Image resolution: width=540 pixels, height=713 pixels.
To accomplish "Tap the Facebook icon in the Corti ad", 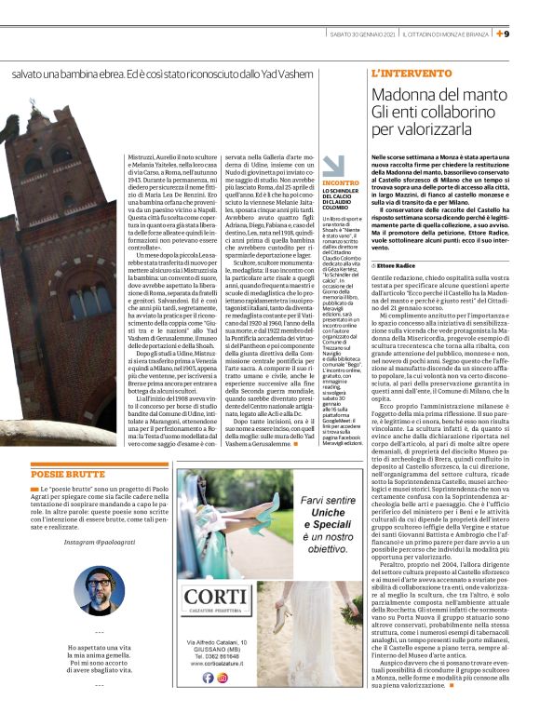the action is pos(209,678).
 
